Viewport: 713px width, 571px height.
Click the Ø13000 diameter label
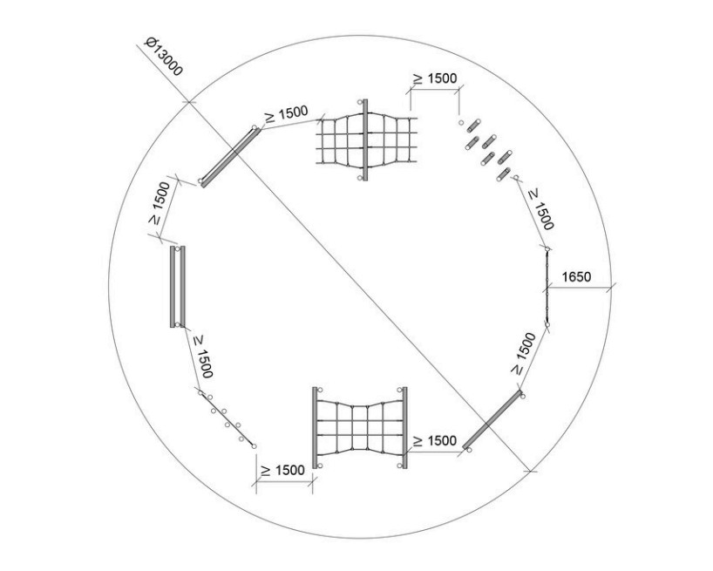163,57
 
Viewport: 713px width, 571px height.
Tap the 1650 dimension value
576,276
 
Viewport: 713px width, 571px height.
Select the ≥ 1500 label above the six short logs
434,78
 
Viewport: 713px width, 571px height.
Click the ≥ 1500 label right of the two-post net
434,440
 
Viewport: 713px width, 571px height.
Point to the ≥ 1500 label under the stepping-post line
282,470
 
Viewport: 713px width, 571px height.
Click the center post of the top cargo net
365,139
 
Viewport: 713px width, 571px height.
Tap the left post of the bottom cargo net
315,427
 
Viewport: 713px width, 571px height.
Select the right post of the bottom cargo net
404,427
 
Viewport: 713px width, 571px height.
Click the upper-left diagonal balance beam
230,157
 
